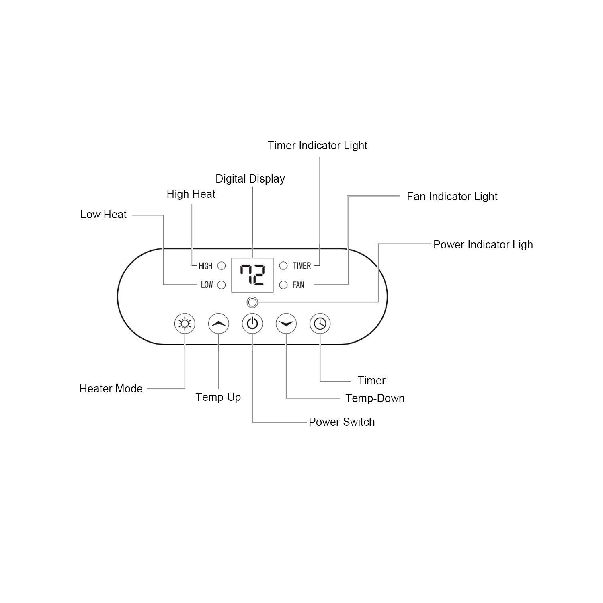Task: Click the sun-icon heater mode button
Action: coord(185,324)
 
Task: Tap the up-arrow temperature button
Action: coord(219,324)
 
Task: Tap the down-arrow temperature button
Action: coord(286,324)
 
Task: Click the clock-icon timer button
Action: coord(320,324)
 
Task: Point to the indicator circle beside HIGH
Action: coord(222,266)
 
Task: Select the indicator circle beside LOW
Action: coord(222,285)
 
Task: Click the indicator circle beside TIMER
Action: coord(283,266)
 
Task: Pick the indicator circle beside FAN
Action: coord(283,285)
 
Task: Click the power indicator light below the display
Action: coord(252,302)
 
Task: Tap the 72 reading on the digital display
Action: coord(252,275)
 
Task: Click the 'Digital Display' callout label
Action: coord(250,179)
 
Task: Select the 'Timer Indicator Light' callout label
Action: coord(318,146)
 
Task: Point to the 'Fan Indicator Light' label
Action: coord(452,197)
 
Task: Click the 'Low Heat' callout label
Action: coord(103,215)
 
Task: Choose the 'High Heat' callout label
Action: coord(191,194)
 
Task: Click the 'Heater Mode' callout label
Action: coord(111,389)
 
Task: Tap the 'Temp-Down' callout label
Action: coord(375,398)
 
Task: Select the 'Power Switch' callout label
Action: coord(342,422)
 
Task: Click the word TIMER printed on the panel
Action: coord(302,266)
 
